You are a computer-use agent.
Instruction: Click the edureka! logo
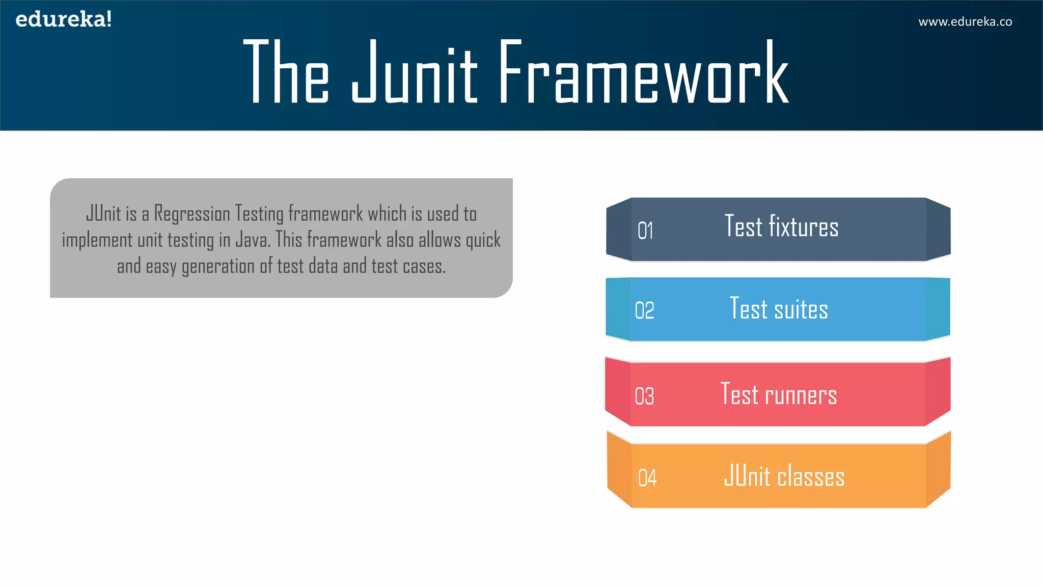click(x=64, y=19)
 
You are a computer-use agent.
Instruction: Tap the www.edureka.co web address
click(x=965, y=22)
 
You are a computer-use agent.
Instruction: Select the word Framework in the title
click(x=644, y=72)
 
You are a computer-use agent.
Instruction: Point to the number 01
click(x=645, y=231)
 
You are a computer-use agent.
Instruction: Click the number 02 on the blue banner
click(x=644, y=310)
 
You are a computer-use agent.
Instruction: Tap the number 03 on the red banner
click(x=644, y=396)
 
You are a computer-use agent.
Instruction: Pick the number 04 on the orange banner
click(x=647, y=478)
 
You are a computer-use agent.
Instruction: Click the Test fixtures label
click(x=781, y=227)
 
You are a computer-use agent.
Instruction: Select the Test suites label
click(x=779, y=309)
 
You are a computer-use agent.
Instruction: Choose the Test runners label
click(x=779, y=394)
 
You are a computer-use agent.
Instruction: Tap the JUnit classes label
click(x=784, y=476)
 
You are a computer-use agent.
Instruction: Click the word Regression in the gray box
click(x=192, y=214)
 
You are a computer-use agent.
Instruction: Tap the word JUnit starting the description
click(x=103, y=214)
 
